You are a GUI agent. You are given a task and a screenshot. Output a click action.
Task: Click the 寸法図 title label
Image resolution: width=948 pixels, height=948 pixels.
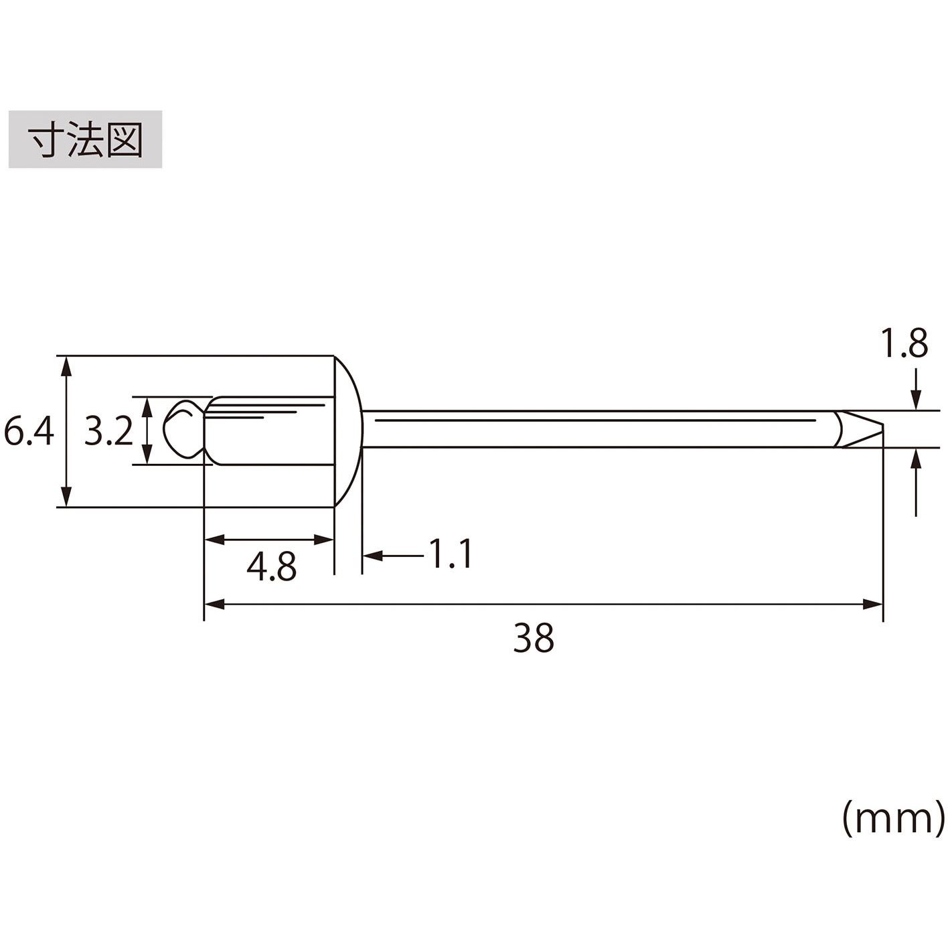tap(85, 139)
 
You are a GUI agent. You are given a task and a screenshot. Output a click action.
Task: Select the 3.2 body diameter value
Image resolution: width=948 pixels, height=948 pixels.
tap(108, 430)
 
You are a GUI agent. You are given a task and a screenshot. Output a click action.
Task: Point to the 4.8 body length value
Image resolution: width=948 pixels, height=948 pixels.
tap(271, 566)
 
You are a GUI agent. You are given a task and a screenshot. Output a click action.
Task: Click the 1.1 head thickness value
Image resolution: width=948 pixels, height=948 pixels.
tap(451, 554)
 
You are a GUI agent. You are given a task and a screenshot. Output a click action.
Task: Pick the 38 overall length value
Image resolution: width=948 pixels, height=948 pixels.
tap(534, 637)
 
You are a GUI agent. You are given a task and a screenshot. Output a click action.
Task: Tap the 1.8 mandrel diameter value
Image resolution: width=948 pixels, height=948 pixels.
tap(904, 343)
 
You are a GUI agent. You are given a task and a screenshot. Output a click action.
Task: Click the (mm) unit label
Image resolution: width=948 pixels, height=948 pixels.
tap(893, 817)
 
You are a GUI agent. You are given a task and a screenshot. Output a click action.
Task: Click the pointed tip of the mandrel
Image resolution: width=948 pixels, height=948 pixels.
tap(883, 430)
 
